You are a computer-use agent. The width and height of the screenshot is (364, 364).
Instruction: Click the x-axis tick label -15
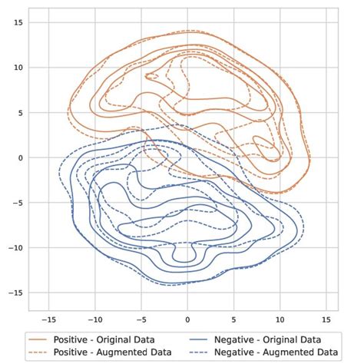click(x=48, y=319)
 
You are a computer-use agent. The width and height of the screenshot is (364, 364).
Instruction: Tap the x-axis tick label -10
click(x=94, y=319)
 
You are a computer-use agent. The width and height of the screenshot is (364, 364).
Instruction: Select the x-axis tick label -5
click(x=141, y=319)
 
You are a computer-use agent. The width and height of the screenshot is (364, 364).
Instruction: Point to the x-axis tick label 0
click(x=187, y=319)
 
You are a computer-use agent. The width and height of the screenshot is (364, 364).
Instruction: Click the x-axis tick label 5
click(x=233, y=319)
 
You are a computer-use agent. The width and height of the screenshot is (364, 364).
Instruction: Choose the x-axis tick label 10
click(x=280, y=319)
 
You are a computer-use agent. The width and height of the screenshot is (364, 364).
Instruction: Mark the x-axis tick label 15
click(x=326, y=319)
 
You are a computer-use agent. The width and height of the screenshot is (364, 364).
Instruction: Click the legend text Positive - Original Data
click(x=104, y=339)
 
